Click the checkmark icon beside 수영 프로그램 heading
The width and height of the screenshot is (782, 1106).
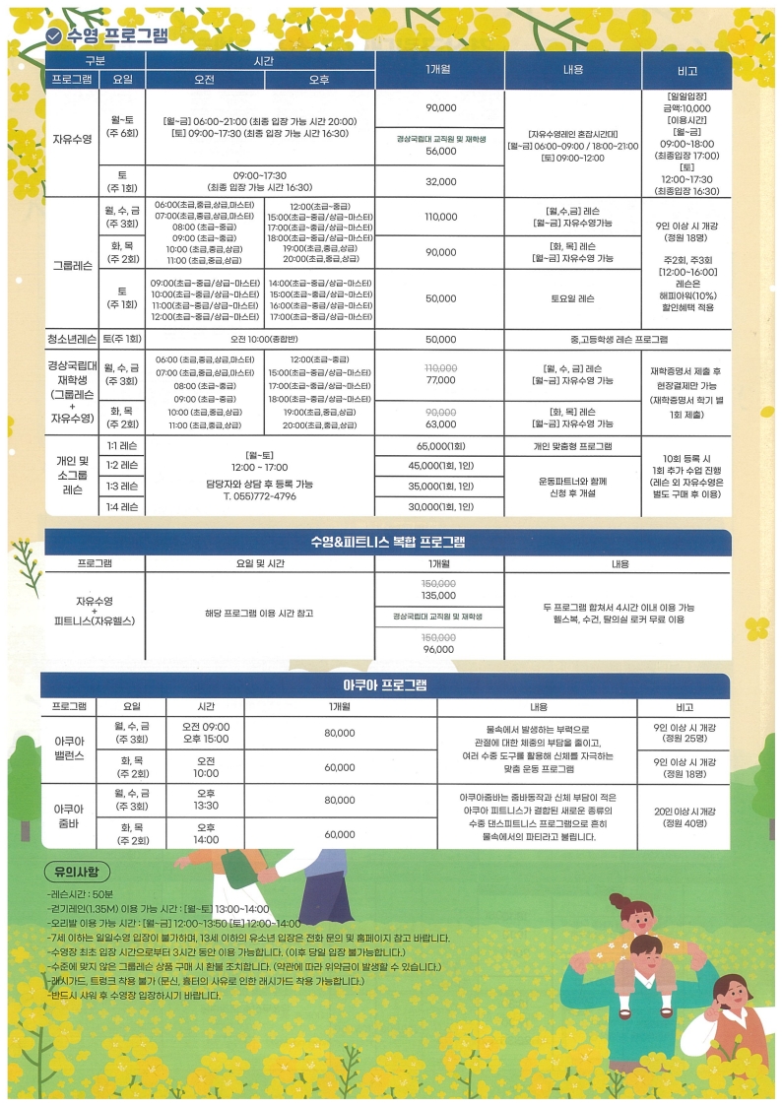point(55,35)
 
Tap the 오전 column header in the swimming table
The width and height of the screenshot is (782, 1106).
point(205,79)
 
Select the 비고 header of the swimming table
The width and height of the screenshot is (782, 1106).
point(686,70)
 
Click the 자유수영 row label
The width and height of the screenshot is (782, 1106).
point(72,139)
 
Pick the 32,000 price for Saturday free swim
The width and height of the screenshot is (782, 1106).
point(440,181)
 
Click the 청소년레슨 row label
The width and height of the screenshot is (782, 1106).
point(72,339)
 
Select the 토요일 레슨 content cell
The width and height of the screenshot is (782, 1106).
point(572,297)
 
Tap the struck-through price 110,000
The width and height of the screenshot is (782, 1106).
point(440,366)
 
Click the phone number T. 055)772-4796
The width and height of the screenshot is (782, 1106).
point(259,496)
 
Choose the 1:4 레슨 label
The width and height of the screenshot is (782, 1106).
point(122,506)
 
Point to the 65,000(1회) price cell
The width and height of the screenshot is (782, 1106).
point(440,446)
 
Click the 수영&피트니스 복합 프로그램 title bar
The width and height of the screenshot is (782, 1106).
point(388,543)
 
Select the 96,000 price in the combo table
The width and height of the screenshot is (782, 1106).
point(440,649)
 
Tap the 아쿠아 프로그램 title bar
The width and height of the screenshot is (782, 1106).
point(388,685)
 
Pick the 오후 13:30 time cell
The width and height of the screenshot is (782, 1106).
point(206,799)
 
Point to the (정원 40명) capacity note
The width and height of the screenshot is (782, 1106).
point(684,823)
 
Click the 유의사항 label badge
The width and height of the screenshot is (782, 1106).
point(78,873)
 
